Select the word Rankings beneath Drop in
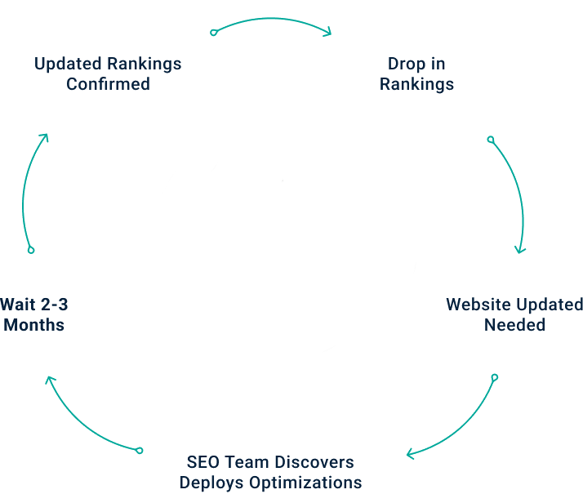(x=416, y=83)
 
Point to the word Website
(x=479, y=305)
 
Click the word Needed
(x=514, y=324)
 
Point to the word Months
(x=34, y=324)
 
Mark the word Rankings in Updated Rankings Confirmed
(x=145, y=64)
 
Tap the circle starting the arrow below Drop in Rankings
(x=490, y=140)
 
